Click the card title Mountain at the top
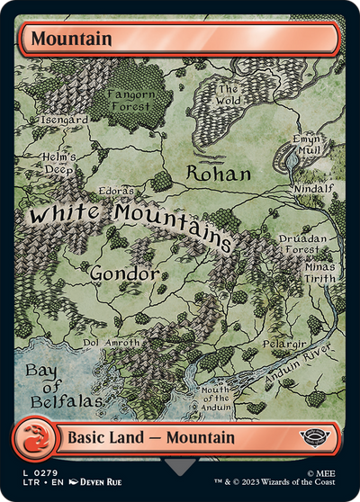coord(74,39)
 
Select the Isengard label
coord(65,119)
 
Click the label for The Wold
coord(228,94)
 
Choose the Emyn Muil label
coord(306,146)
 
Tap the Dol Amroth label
coord(112,343)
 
